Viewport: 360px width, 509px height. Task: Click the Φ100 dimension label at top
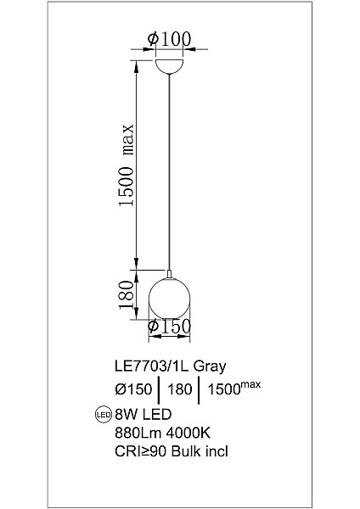coord(170,38)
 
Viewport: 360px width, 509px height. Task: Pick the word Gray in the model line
coord(211,367)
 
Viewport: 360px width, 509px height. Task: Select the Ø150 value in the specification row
coord(132,390)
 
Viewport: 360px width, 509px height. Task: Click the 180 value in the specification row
coord(178,390)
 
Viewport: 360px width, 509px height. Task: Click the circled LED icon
coord(102,416)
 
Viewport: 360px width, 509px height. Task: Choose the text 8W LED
coord(142,415)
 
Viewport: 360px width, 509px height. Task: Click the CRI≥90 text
coord(140,452)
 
